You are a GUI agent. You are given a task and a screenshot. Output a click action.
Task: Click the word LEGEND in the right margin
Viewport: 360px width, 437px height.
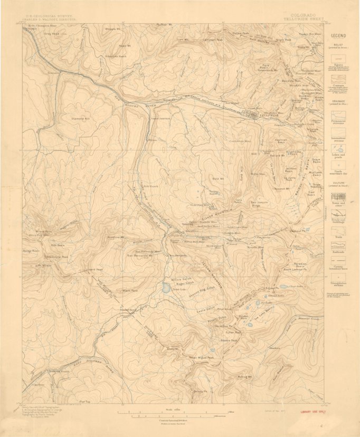[338, 35]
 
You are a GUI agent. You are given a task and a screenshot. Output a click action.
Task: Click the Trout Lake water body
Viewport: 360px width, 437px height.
[166, 288]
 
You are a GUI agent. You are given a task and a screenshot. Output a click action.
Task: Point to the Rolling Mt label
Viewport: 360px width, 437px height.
[244, 377]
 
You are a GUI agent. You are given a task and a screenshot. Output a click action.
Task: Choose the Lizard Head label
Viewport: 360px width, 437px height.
[94, 269]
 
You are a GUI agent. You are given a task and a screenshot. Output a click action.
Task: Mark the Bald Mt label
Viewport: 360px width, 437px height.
[217, 179]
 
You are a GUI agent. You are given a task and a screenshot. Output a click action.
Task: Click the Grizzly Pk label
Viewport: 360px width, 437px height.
[199, 391]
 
